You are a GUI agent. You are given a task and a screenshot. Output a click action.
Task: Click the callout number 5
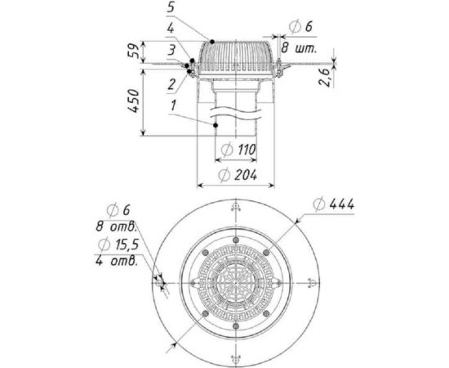(x=171, y=7)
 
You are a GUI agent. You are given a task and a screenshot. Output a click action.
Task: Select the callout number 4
(x=171, y=29)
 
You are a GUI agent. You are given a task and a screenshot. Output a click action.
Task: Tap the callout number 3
(x=171, y=51)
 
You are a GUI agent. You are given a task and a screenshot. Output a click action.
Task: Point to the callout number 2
(x=171, y=84)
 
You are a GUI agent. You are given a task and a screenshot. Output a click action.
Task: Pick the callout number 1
(x=173, y=105)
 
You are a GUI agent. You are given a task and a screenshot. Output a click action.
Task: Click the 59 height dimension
(x=134, y=51)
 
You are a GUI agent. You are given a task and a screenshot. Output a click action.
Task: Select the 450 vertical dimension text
(x=133, y=101)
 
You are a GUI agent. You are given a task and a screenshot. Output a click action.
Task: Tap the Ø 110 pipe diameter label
(x=238, y=150)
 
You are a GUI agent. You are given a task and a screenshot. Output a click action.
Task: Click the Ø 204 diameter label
(x=237, y=175)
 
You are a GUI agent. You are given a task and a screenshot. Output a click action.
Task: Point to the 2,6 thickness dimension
(x=325, y=77)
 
